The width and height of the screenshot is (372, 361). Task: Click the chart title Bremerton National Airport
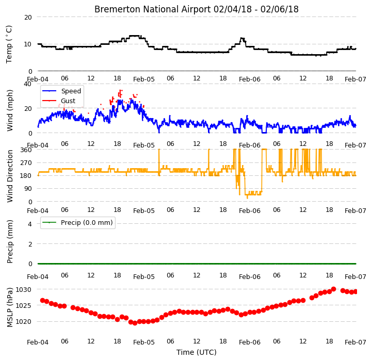click(x=153, y=9)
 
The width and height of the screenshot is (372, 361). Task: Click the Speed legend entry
click(x=61, y=91)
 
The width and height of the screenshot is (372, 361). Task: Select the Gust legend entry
click(x=59, y=101)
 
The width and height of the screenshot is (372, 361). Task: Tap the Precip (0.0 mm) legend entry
click(x=77, y=222)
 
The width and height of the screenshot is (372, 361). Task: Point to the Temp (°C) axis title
click(x=9, y=44)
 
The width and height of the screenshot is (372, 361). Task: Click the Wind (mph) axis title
click(x=10, y=110)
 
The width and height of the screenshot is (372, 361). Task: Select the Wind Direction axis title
click(x=10, y=176)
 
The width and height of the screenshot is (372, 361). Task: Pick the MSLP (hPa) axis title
click(x=10, y=307)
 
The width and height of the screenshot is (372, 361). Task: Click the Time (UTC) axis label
click(x=197, y=352)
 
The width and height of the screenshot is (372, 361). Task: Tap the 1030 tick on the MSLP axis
click(x=23, y=290)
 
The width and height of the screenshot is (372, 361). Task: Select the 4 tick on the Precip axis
click(x=29, y=224)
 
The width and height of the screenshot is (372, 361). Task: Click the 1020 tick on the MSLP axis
click(x=23, y=322)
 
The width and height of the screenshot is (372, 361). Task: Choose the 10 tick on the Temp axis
click(x=28, y=44)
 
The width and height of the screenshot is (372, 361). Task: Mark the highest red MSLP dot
click(x=333, y=289)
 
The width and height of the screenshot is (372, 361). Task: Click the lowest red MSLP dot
click(x=135, y=323)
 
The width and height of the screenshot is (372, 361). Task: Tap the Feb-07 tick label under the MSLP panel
click(x=355, y=342)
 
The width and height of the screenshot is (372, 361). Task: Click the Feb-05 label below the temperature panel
click(x=144, y=79)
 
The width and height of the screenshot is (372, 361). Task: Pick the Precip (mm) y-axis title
click(x=10, y=241)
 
